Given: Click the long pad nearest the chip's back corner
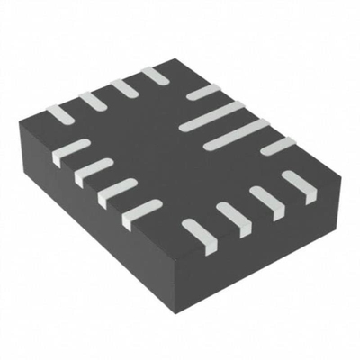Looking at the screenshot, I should point(212,116).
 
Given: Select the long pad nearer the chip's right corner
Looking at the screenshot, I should point(237,134).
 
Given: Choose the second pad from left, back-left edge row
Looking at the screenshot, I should point(92,99).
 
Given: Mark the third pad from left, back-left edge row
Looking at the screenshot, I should point(123,85).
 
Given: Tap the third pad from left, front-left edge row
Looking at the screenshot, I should point(118,190).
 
